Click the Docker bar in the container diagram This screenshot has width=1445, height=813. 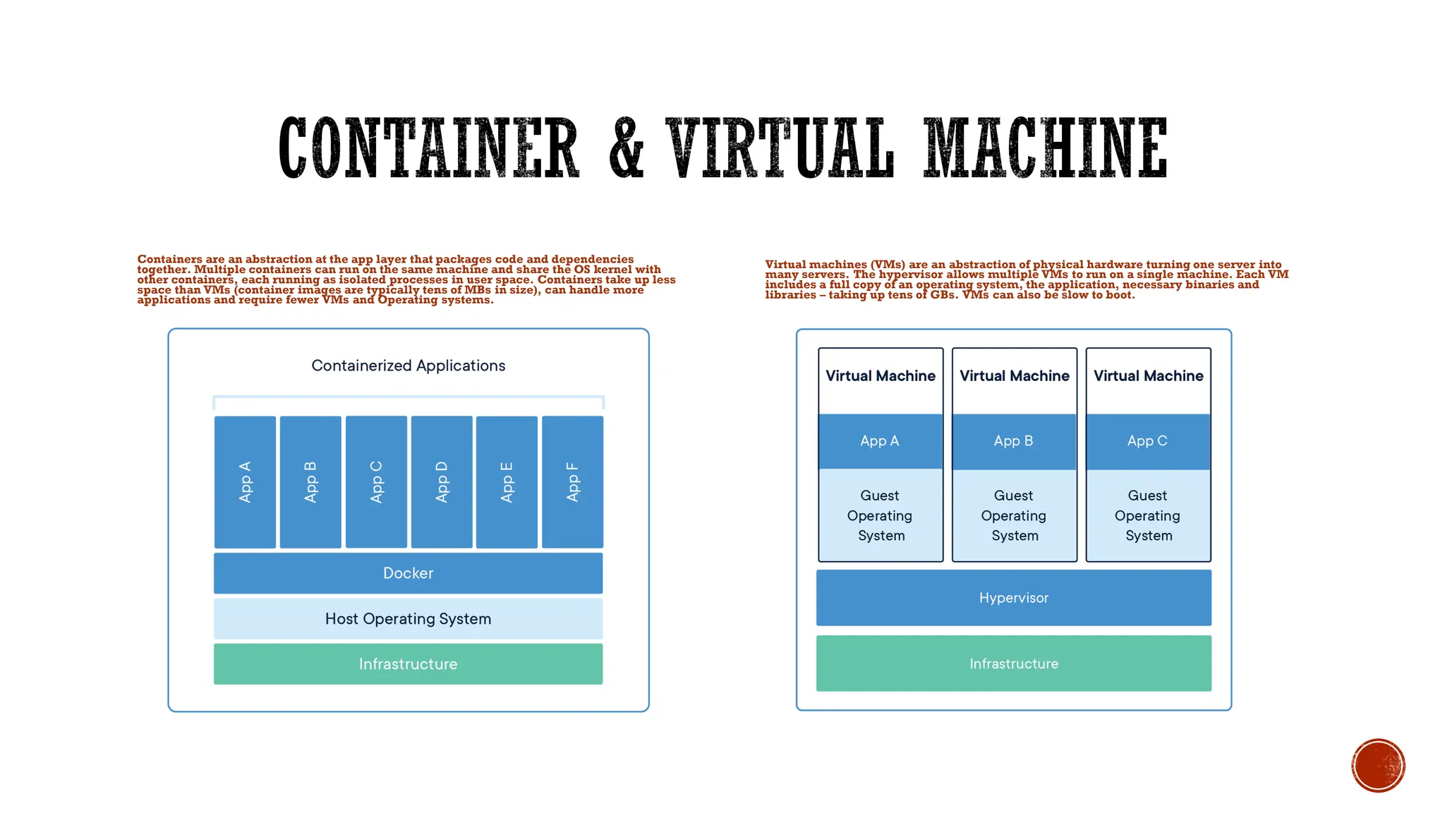tap(408, 573)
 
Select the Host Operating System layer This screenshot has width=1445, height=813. tap(408, 619)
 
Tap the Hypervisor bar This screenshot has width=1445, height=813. tap(1013, 598)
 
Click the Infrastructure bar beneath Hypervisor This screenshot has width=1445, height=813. tap(1013, 663)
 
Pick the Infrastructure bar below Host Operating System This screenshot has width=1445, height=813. tap(408, 664)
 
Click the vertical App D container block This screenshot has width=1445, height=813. tap(442, 482)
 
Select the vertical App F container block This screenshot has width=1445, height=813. tap(572, 482)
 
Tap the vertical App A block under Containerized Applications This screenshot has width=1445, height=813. tap(245, 482)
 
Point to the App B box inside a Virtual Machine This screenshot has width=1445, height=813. tap(1013, 441)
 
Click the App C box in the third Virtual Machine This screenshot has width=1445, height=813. tap(1147, 441)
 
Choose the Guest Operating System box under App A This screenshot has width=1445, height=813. tap(880, 516)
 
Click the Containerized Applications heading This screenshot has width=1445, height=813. tap(408, 366)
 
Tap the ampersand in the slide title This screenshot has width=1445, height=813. tap(626, 148)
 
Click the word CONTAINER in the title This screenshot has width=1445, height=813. tap(428, 148)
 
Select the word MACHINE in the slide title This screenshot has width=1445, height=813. tap(1046, 148)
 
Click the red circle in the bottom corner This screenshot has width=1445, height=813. tap(1378, 766)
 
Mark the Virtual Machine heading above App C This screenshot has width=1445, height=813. tap(1148, 376)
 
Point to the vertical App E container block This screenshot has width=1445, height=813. tap(507, 482)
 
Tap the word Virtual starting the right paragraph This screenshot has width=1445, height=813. tap(785, 265)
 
